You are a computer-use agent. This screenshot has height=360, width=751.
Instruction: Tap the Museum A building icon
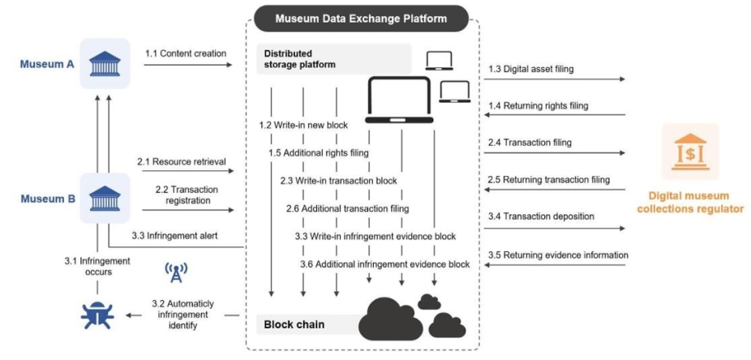105,63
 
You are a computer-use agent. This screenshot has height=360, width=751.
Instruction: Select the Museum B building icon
105,197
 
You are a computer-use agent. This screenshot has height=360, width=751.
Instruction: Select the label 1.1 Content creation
186,54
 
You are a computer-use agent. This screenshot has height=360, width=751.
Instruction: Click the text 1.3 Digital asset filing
531,69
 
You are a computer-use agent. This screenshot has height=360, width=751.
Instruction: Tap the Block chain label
294,324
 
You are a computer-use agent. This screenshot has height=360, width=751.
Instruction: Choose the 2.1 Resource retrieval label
181,161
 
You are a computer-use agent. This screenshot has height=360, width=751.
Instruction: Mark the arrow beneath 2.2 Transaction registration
186,211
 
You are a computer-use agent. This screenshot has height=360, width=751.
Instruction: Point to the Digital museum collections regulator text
690,202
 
